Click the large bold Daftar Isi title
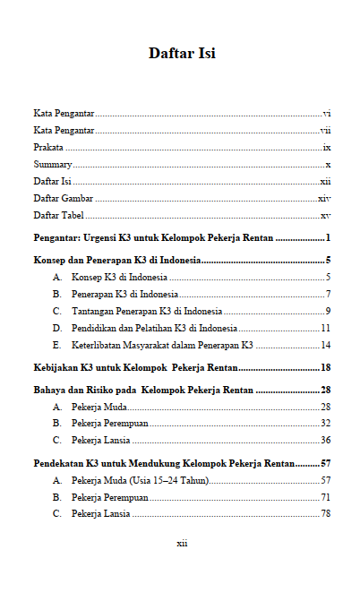pos(182,54)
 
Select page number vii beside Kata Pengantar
pos(326,131)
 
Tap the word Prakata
pos(48,148)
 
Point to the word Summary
pos(53,165)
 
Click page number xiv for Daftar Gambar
pos(324,199)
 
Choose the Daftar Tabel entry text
pos(59,216)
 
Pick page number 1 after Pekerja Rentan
pos(329,238)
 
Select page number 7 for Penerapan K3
pos(329,295)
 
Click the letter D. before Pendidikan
pos(57,328)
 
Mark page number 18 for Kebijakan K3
pos(326,367)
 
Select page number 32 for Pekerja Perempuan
pos(326,423)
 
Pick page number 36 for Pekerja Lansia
pos(326,440)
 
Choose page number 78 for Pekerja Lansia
pos(326,513)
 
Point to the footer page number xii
pos(181,544)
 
